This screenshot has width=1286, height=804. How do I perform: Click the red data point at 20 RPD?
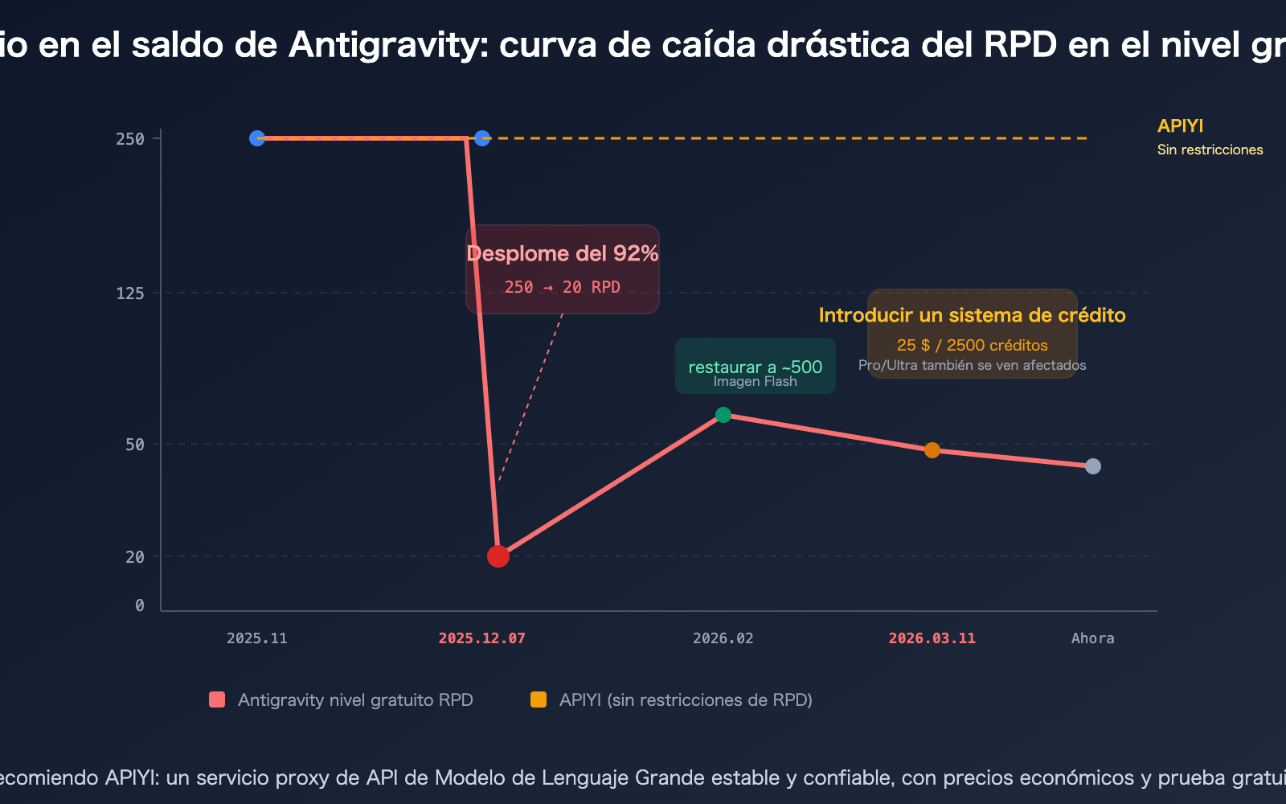coord(498,556)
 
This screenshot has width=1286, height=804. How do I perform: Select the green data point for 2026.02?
coord(723,415)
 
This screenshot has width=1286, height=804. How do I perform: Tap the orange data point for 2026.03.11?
coord(932,450)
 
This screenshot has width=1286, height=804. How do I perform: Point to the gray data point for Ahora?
coord(1093,466)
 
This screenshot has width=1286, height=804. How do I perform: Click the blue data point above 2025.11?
coord(257,138)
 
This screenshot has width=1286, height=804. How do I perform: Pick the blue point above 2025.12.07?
coord(482,138)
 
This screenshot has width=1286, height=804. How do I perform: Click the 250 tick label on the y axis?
coord(130,139)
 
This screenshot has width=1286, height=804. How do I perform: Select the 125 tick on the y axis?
coord(130,293)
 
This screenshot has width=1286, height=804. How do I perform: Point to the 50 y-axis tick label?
coord(135,445)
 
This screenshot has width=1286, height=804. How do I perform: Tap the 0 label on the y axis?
coord(140,605)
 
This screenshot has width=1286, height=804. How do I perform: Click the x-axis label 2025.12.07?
coord(482,638)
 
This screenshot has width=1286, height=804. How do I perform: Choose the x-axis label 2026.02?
coord(723,638)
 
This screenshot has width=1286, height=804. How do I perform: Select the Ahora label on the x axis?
coord(1093,638)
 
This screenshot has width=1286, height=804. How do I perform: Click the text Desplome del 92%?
coord(563,254)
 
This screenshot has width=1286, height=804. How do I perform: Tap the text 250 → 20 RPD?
coord(563,287)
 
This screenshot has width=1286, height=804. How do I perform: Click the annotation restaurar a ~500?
coord(756,367)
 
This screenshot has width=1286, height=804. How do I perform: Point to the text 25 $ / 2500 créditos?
coord(973,345)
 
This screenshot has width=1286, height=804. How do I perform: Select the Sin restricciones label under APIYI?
coord(1210,150)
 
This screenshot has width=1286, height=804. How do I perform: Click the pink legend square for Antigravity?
coord(217,699)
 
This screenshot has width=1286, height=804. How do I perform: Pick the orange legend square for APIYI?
coord(539,699)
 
